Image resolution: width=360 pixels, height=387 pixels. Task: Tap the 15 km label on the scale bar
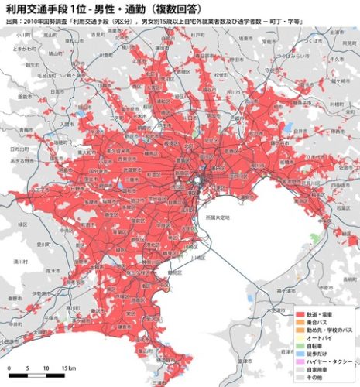click(67, 368)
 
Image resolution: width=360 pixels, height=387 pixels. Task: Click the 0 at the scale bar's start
click(9, 368)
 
